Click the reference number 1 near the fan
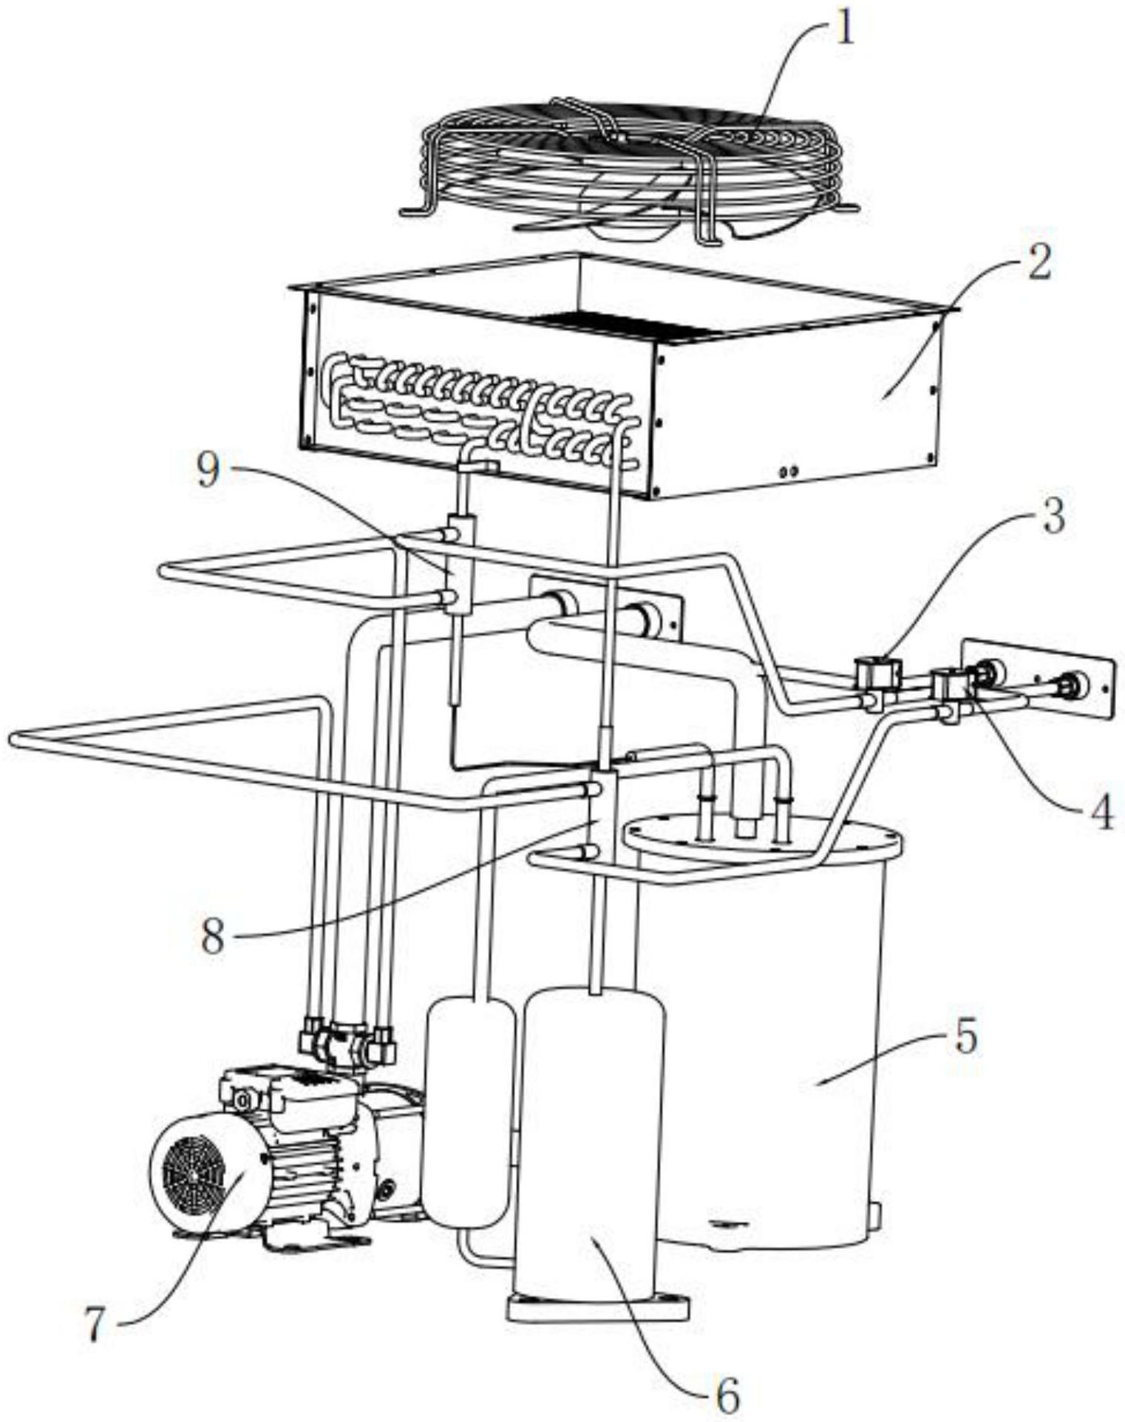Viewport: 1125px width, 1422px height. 845,30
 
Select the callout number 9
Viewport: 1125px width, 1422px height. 209,472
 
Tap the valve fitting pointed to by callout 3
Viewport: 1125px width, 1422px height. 877,673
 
